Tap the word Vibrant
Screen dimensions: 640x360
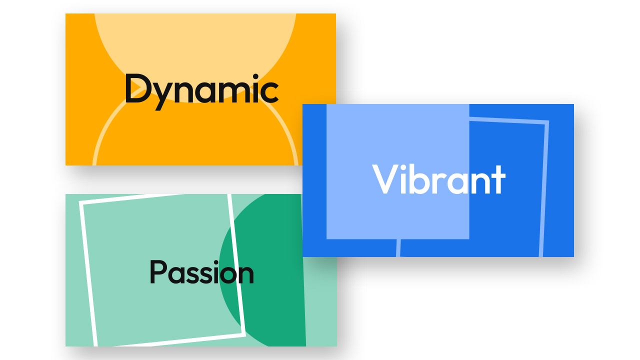point(438,179)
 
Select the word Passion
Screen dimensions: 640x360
point(201,273)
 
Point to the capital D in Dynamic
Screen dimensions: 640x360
point(134,88)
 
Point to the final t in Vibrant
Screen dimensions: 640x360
point(498,180)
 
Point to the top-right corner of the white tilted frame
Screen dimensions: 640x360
point(229,195)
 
